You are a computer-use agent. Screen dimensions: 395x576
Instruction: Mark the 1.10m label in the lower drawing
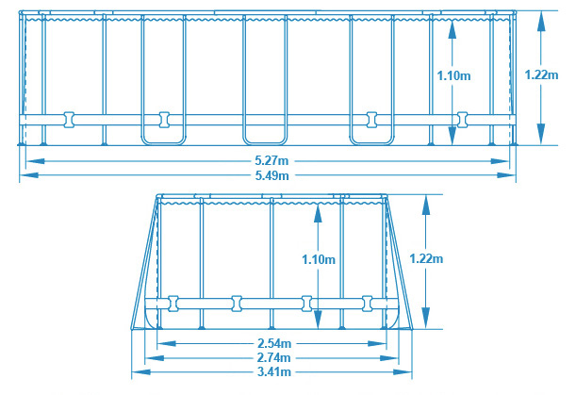(321, 257)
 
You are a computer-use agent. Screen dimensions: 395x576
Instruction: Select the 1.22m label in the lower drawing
(427, 257)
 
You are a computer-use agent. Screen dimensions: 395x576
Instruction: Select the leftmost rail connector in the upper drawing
(68, 119)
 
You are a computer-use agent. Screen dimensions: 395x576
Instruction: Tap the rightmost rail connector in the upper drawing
(462, 119)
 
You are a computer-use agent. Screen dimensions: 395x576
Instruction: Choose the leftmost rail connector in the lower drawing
(173, 304)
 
